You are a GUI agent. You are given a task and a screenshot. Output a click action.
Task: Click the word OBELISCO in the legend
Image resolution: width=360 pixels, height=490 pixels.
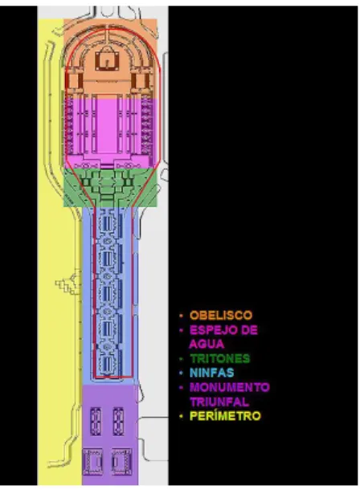(x=221, y=315)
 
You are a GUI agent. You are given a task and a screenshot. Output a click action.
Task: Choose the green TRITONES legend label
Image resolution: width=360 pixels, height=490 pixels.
(x=220, y=358)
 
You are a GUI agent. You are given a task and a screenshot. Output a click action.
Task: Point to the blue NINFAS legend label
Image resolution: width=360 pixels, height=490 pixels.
(x=212, y=373)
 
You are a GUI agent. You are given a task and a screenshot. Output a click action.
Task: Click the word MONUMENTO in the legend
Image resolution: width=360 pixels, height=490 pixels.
(x=230, y=387)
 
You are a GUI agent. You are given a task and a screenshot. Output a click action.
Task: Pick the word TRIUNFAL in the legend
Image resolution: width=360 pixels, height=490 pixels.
(x=219, y=402)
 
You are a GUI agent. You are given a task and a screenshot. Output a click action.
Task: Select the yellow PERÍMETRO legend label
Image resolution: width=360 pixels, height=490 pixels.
(x=225, y=416)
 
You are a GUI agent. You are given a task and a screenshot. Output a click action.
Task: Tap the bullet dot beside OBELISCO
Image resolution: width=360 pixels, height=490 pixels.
(x=182, y=316)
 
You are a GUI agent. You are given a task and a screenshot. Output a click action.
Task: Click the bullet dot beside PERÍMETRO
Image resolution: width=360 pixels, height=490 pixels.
(x=182, y=416)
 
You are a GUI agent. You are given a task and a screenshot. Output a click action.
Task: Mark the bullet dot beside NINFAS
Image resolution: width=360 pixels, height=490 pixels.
(x=182, y=373)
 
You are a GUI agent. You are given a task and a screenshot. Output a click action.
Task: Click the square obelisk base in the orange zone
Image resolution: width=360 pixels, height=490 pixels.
(x=107, y=61)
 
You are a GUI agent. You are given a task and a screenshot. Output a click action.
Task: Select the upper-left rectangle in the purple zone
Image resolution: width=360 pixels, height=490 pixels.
(x=96, y=421)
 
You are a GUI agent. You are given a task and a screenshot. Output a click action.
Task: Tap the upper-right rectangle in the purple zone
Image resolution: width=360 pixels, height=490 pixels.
(x=118, y=421)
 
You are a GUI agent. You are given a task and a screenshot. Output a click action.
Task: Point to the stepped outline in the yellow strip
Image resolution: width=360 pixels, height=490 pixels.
(x=66, y=285)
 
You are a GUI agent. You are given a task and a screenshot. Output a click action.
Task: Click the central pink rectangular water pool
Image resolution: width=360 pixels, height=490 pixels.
(x=107, y=124)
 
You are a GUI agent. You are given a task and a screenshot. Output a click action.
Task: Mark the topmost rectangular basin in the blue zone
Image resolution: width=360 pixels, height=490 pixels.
(x=108, y=223)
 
